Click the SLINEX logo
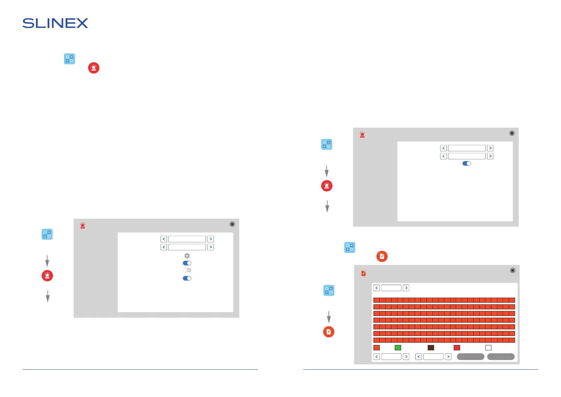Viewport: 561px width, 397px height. (55, 23)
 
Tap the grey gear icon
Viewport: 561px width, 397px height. (187, 256)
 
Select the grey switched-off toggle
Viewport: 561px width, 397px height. (187, 270)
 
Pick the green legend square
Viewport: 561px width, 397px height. (398, 348)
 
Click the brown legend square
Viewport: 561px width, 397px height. (431, 348)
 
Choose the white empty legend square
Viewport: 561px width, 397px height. (488, 348)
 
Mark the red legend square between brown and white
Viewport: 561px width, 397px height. (457, 348)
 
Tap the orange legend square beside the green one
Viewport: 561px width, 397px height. (377, 348)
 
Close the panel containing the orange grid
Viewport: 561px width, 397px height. (513, 270)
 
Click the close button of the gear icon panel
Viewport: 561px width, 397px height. (232, 224)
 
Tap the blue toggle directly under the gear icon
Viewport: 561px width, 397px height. (187, 263)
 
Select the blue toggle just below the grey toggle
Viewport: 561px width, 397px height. (187, 278)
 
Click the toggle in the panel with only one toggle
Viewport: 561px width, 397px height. (467, 163)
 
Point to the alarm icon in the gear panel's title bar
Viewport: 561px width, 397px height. (83, 226)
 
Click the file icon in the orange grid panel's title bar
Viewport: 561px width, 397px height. (363, 273)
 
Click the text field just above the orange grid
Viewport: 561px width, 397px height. (391, 288)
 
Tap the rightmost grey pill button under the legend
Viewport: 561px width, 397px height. (501, 357)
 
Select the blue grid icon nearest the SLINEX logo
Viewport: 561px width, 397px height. (69, 59)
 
